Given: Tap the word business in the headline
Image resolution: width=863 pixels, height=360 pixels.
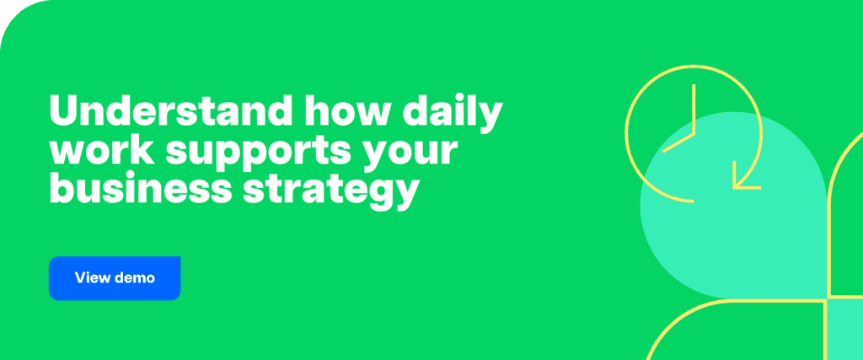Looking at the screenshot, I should pyautogui.click(x=133, y=191).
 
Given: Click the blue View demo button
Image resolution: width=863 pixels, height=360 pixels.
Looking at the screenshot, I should pyautogui.click(x=115, y=277).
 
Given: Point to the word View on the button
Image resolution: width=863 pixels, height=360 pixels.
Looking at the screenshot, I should pyautogui.click(x=92, y=277).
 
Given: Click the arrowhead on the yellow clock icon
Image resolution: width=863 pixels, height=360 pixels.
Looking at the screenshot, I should pyautogui.click(x=745, y=180).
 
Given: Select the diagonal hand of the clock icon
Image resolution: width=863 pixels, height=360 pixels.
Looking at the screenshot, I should pyautogui.click(x=678, y=141).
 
